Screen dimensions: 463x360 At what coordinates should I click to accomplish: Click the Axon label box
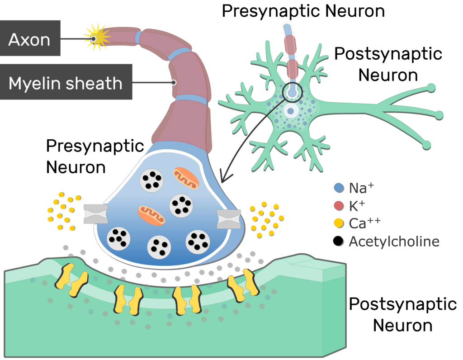coord(30,38)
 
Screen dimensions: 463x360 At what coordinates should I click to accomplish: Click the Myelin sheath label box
coord(66,82)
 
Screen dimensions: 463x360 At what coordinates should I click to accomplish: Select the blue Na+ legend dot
coord(339,188)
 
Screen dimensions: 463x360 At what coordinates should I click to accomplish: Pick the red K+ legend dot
coord(339,206)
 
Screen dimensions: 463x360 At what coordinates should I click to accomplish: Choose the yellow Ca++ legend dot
coord(339,223)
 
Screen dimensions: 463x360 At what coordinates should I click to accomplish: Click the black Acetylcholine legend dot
coord(338,241)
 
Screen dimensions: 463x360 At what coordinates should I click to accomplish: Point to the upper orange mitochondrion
coord(186,178)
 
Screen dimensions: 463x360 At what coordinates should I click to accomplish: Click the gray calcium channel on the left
coord(96,213)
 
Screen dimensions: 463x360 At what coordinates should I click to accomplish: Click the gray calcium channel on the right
coord(229,219)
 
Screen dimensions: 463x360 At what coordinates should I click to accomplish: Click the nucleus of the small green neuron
coord(291,111)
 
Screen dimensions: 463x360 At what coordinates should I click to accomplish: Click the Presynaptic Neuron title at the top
coord(303,11)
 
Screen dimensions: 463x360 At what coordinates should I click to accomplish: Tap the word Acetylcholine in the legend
coord(394,241)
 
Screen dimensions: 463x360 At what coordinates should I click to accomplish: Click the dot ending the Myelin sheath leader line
coord(174,82)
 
